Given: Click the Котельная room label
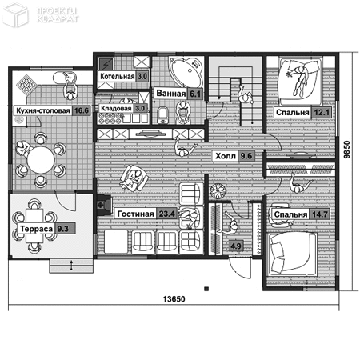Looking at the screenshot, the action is click(x=117, y=77).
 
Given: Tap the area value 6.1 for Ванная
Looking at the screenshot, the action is click(x=195, y=94).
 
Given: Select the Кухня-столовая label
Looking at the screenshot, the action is click(x=43, y=110).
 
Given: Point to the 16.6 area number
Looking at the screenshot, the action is click(x=81, y=110).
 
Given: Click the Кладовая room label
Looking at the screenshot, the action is click(x=116, y=108).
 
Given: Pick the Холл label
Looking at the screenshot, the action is click(x=226, y=156).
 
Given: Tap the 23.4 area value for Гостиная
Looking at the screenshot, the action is click(x=166, y=214).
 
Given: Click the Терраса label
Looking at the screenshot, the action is click(x=37, y=229).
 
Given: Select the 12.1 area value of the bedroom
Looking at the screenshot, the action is click(x=321, y=113).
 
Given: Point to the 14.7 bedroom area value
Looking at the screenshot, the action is click(x=319, y=214).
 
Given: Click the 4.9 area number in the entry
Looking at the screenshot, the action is click(x=236, y=246).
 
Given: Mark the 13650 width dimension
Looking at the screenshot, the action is click(x=174, y=299).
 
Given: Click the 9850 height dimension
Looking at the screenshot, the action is click(x=346, y=150).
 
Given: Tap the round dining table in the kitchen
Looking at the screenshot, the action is click(x=41, y=160).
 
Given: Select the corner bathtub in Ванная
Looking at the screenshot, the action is click(x=186, y=70).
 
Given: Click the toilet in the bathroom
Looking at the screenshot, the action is click(x=162, y=115).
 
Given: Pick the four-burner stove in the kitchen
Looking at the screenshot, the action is click(x=26, y=83).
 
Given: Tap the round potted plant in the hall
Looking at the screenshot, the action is click(x=218, y=191).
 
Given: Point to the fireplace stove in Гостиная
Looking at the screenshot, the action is click(x=104, y=205).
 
